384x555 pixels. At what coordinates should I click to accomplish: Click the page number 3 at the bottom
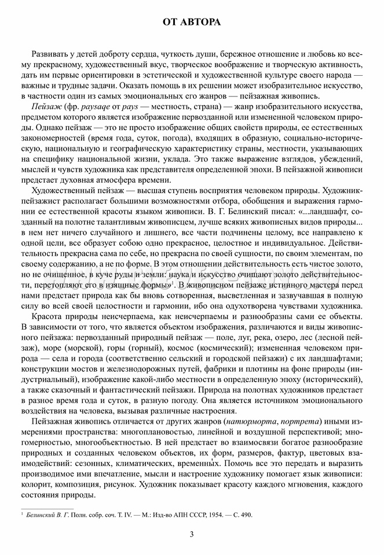(192, 534)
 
